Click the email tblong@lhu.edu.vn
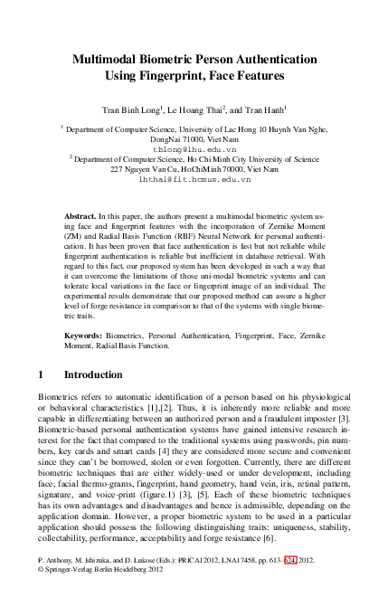[194, 149]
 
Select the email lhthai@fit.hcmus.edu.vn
[194, 180]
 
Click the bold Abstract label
[83, 219]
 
